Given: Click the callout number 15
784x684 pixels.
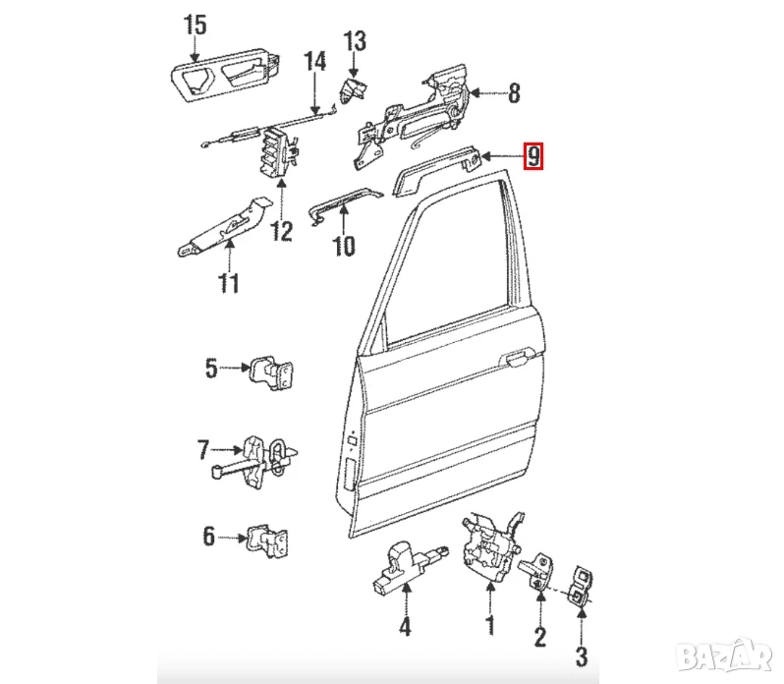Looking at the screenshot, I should click(196, 26).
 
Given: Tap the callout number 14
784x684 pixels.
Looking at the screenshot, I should click(314, 61).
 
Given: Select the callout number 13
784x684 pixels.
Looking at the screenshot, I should click(354, 42).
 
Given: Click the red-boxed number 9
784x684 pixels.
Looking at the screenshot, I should click(532, 156).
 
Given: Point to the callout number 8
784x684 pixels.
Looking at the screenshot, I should click(513, 94).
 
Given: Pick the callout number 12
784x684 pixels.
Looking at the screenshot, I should click(282, 232).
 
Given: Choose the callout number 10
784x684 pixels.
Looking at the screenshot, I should click(343, 246).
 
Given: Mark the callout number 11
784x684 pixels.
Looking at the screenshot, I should click(228, 285).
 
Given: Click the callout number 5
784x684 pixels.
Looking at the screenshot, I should click(210, 370).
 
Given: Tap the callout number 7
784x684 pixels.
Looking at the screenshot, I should click(203, 451).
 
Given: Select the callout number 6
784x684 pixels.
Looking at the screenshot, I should click(208, 537).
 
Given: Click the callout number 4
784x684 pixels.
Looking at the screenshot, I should click(404, 625).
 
